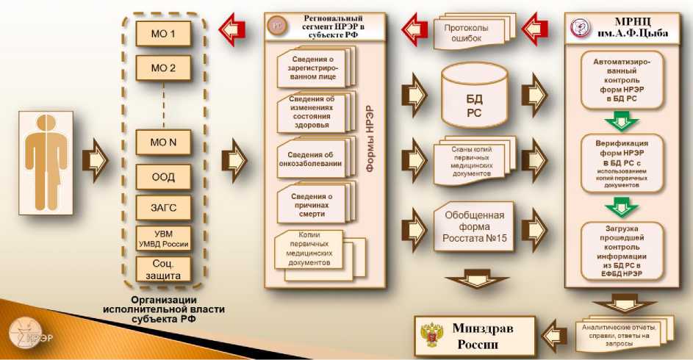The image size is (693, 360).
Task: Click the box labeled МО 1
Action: point(163,35)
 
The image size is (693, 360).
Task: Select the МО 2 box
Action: point(163,69)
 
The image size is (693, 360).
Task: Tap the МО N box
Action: point(163,143)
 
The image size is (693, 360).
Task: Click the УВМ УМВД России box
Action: point(163,239)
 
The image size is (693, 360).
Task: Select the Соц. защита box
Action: point(163,270)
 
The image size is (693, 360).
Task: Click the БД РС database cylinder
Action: point(474,96)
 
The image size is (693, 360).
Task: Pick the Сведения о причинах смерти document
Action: point(315,201)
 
